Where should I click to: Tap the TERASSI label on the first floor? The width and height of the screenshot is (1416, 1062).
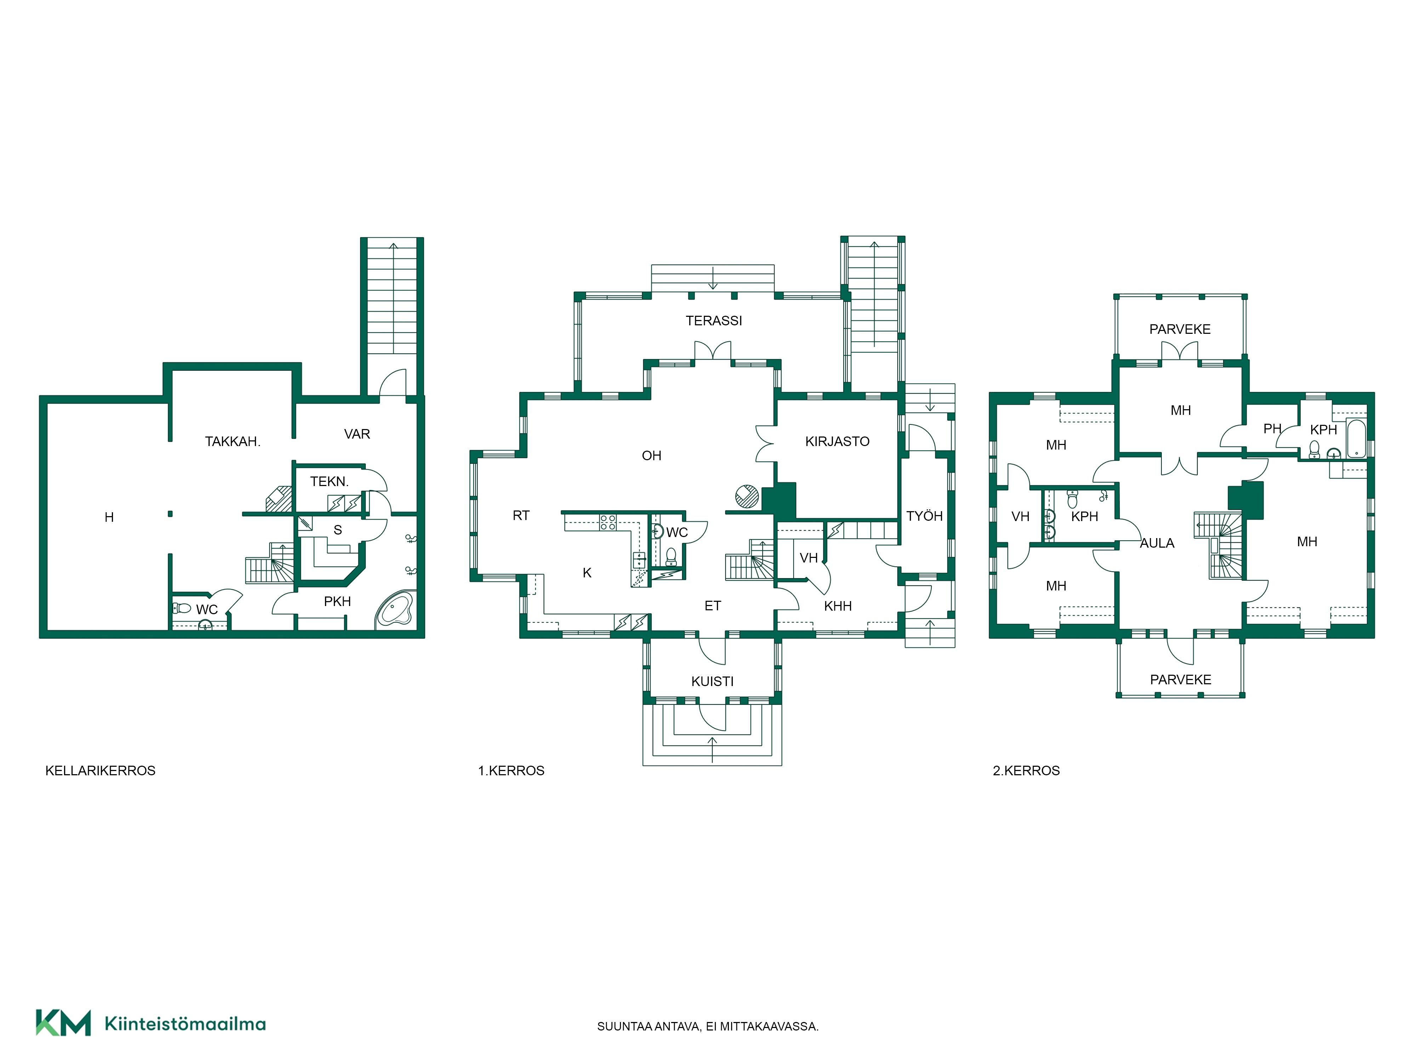tap(714, 321)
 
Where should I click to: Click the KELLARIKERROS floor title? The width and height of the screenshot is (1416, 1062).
tap(101, 771)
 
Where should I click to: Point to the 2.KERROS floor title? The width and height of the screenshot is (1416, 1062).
tap(1026, 771)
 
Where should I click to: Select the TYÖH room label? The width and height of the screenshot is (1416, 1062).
tap(924, 516)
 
